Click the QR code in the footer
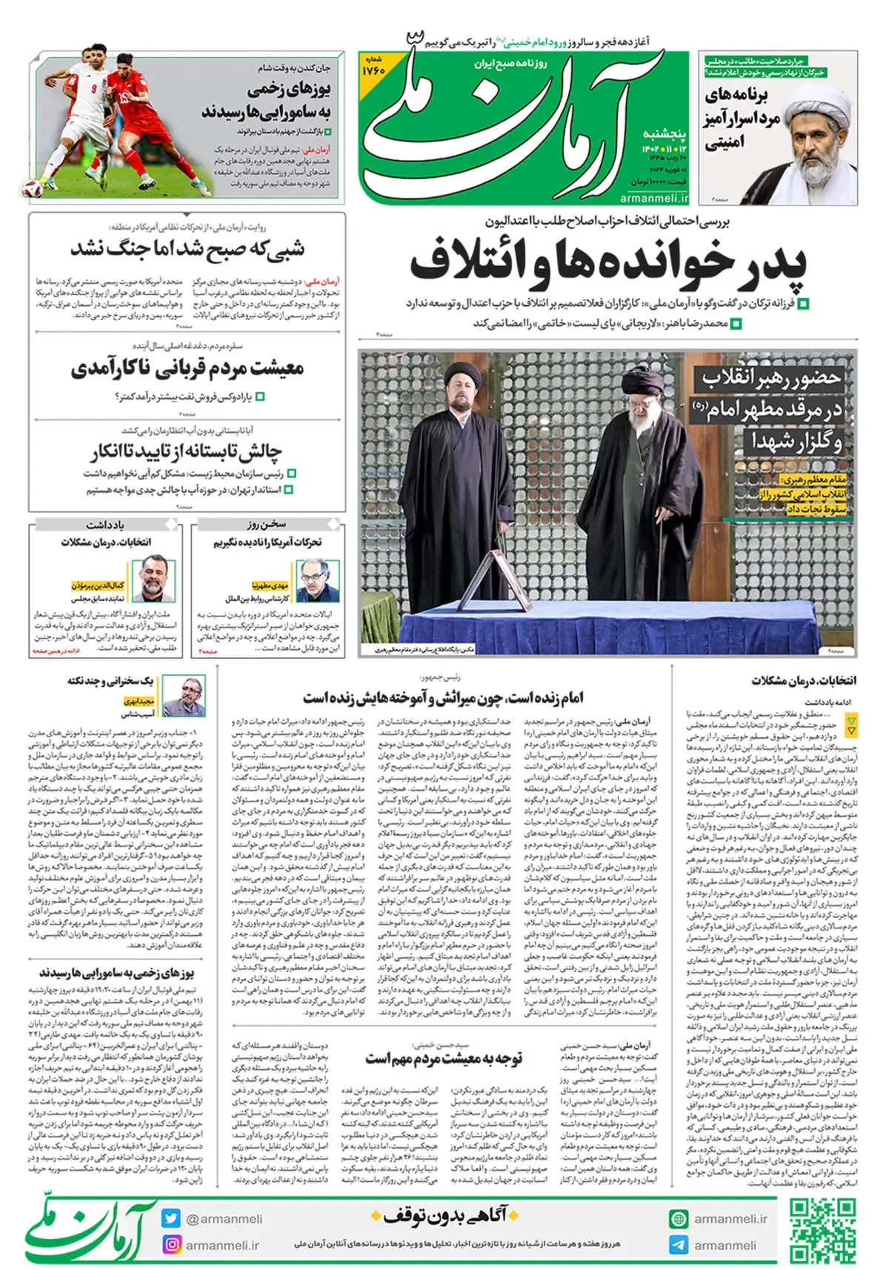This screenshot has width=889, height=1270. pyautogui.click(x=822, y=1231)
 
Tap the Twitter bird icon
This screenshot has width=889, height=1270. pyautogui.click(x=171, y=1218)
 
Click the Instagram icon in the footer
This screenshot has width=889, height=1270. pyautogui.click(x=171, y=1245)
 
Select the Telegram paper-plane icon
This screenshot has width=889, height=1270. pyautogui.click(x=679, y=1245)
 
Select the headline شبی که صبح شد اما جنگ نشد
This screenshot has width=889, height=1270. pyautogui.click(x=187, y=248)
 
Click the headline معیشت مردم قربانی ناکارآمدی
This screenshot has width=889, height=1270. pyautogui.click(x=187, y=368)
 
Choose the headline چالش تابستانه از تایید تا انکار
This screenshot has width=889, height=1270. pyautogui.click(x=187, y=451)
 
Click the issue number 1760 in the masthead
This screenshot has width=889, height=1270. pyautogui.click(x=373, y=70)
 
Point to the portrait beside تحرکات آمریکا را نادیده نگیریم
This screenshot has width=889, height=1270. pyautogui.click(x=318, y=580)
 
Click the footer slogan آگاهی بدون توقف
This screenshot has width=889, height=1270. pyautogui.click(x=444, y=1216)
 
